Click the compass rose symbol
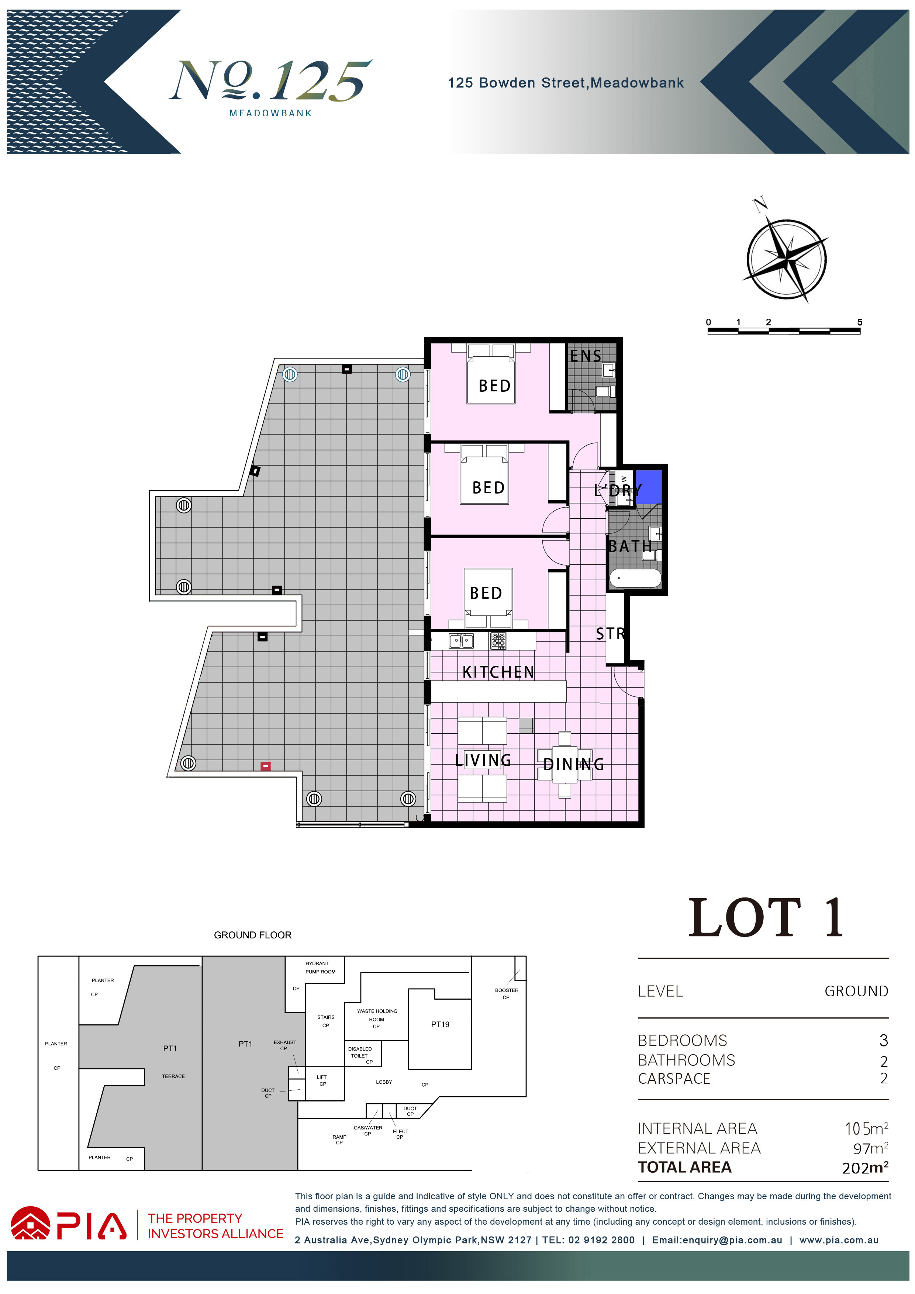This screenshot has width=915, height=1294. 787,260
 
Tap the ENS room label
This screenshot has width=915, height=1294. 586,356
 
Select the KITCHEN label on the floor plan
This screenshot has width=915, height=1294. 498,672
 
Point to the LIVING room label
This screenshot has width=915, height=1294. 483,760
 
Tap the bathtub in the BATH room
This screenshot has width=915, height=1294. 635,578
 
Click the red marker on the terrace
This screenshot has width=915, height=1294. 266,766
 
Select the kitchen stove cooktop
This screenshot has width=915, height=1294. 498,641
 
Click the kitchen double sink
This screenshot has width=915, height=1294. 461,641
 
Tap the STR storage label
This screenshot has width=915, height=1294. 611,634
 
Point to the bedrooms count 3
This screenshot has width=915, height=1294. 883,1040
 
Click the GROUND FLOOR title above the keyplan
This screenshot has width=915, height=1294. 253,935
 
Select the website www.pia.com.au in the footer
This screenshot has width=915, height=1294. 839,1240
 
